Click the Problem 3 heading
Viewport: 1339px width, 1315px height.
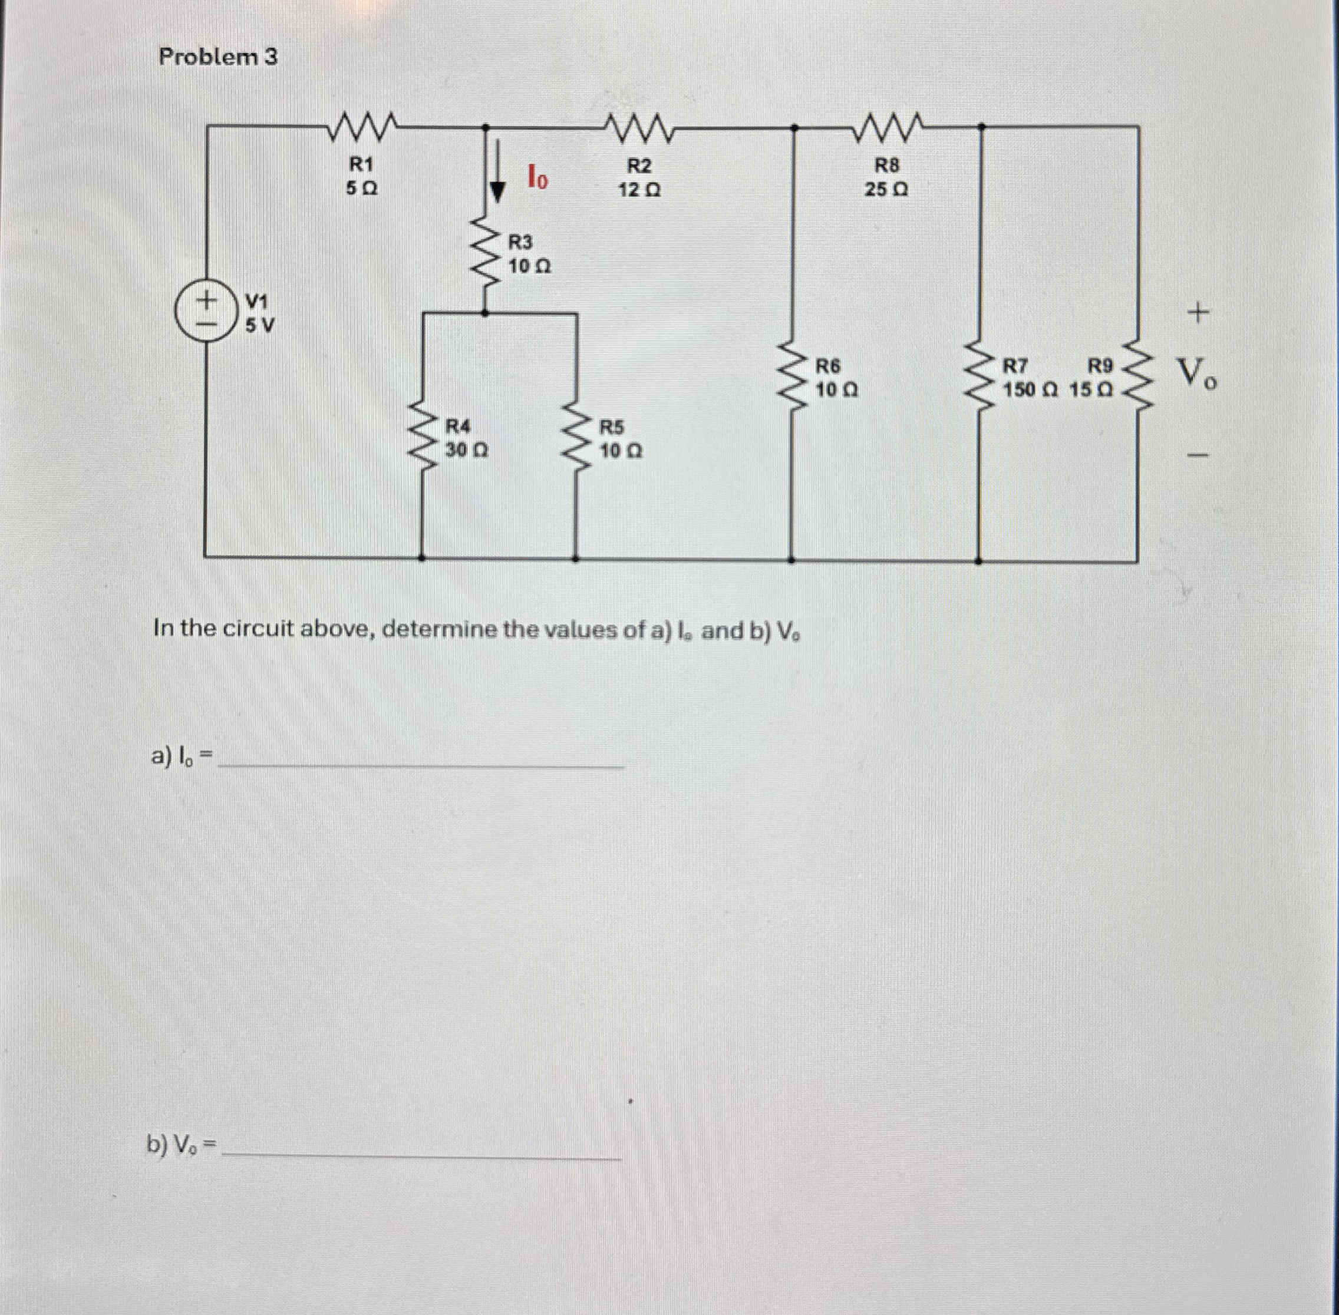point(217,57)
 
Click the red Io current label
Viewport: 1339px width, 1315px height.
point(537,177)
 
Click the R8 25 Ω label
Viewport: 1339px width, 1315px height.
point(887,177)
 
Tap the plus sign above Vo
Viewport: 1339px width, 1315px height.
point(1199,314)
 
